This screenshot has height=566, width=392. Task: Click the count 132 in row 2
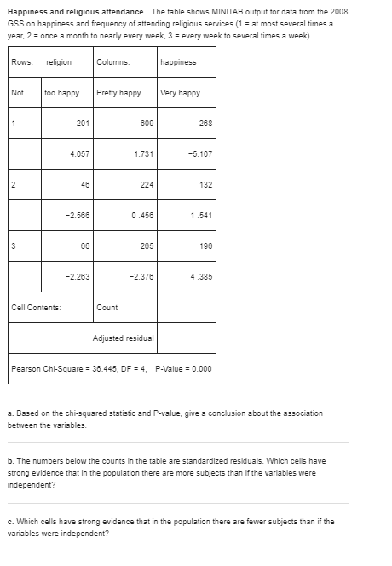click(205, 183)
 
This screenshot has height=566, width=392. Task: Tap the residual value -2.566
click(79, 214)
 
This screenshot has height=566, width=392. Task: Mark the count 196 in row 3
click(205, 245)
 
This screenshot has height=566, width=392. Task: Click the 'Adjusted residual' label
click(124, 338)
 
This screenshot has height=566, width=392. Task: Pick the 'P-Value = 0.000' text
click(182, 368)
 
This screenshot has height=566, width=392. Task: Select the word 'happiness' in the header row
click(178, 61)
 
